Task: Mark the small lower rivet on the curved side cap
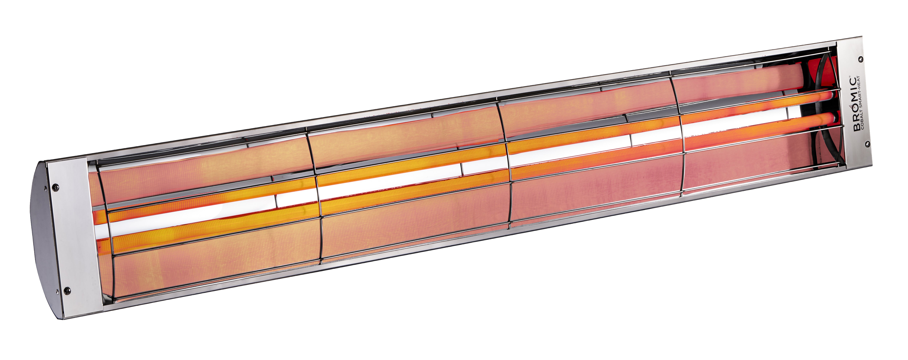tap(56, 291)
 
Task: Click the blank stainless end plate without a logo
tap(76, 240)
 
